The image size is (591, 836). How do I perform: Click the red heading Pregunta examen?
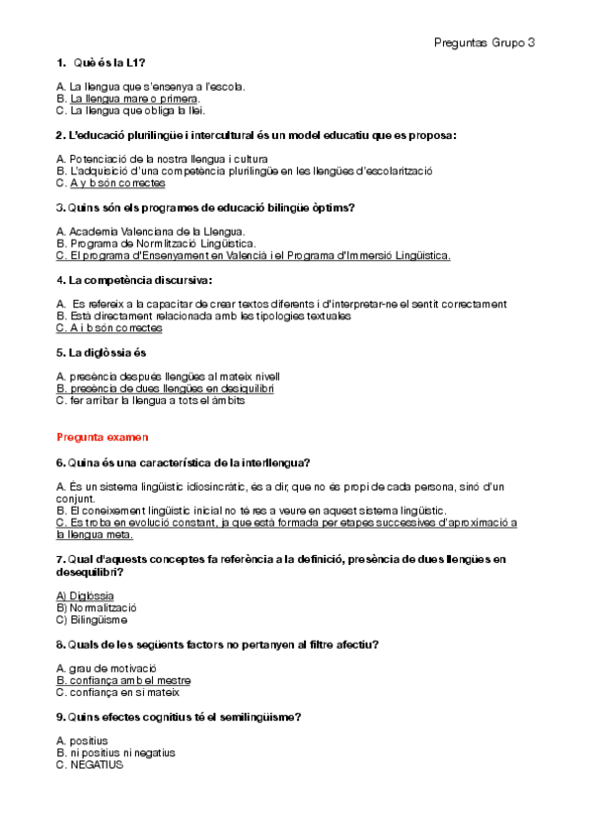[103, 436]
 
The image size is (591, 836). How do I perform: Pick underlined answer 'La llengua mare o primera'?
[128, 99]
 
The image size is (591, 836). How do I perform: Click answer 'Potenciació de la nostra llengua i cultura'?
[162, 159]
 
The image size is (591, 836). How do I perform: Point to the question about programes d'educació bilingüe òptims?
[206, 207]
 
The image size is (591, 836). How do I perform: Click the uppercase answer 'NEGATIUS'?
[90, 764]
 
